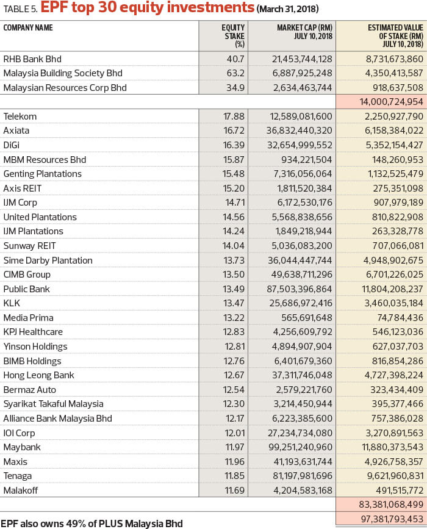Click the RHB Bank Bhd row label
(x=32, y=59)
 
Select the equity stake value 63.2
(x=235, y=73)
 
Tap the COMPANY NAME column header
(x=28, y=27)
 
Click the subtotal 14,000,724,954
(x=391, y=102)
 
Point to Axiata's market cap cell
(x=299, y=131)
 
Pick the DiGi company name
(x=12, y=145)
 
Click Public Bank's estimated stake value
(x=393, y=289)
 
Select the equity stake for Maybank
(x=234, y=447)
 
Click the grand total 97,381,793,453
(x=392, y=519)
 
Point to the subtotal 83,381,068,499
(x=391, y=505)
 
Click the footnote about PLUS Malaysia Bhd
(x=91, y=524)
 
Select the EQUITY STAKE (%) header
(x=233, y=36)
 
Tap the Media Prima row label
(x=28, y=318)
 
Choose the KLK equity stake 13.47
(x=234, y=303)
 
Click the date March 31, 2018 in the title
(x=288, y=9)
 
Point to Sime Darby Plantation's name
(x=48, y=261)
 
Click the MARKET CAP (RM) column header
(x=304, y=32)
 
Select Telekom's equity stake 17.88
(x=234, y=117)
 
